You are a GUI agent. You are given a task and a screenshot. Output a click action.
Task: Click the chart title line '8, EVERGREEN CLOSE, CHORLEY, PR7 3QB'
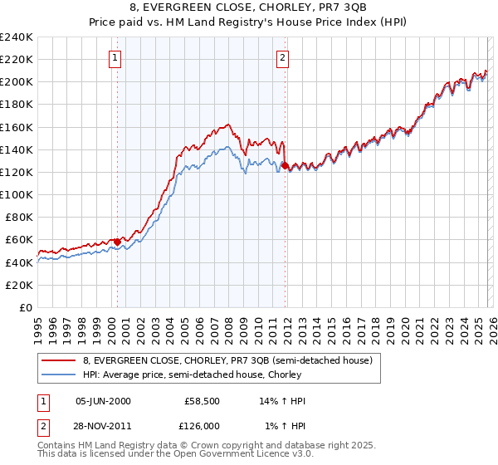[x=249, y=8]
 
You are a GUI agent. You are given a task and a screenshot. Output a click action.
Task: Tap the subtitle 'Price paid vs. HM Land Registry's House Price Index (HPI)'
[x=249, y=22]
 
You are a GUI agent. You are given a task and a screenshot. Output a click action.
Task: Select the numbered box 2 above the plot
[x=283, y=57]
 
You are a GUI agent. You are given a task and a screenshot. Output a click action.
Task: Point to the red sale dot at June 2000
[x=117, y=242]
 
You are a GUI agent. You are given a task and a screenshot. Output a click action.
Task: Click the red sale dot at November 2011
[x=285, y=165]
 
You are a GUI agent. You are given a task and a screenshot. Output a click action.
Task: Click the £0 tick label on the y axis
[x=25, y=307]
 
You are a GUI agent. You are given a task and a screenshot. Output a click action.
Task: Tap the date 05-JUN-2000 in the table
[x=102, y=401]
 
